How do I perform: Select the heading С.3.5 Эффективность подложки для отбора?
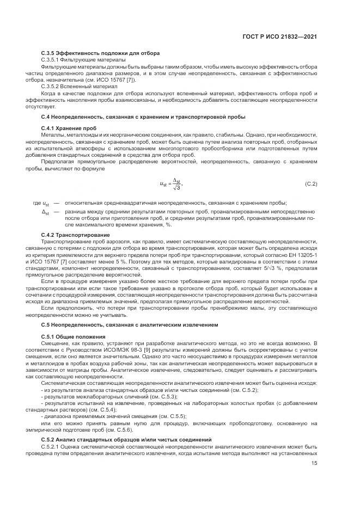(x=100, y=53)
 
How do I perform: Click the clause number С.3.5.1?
(x=52, y=59)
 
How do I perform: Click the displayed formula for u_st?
(x=169, y=184)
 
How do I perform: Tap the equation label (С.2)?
(x=311, y=184)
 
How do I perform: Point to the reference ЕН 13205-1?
(x=301, y=254)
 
